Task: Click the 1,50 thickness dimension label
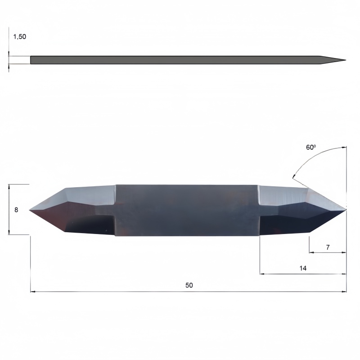pyautogui.click(x=19, y=36)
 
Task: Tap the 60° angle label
pyautogui.click(x=311, y=147)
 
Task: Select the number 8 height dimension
pyautogui.click(x=16, y=210)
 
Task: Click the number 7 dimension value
pyautogui.click(x=328, y=247)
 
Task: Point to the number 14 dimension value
pyautogui.click(x=303, y=268)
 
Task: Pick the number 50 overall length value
pyautogui.click(x=189, y=285)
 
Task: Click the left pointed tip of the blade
pyautogui.click(x=29, y=210)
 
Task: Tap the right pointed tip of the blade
pyautogui.click(x=346, y=209)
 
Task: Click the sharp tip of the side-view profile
pyautogui.click(x=346, y=60)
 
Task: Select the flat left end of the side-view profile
pyautogui.click(x=31, y=60)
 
